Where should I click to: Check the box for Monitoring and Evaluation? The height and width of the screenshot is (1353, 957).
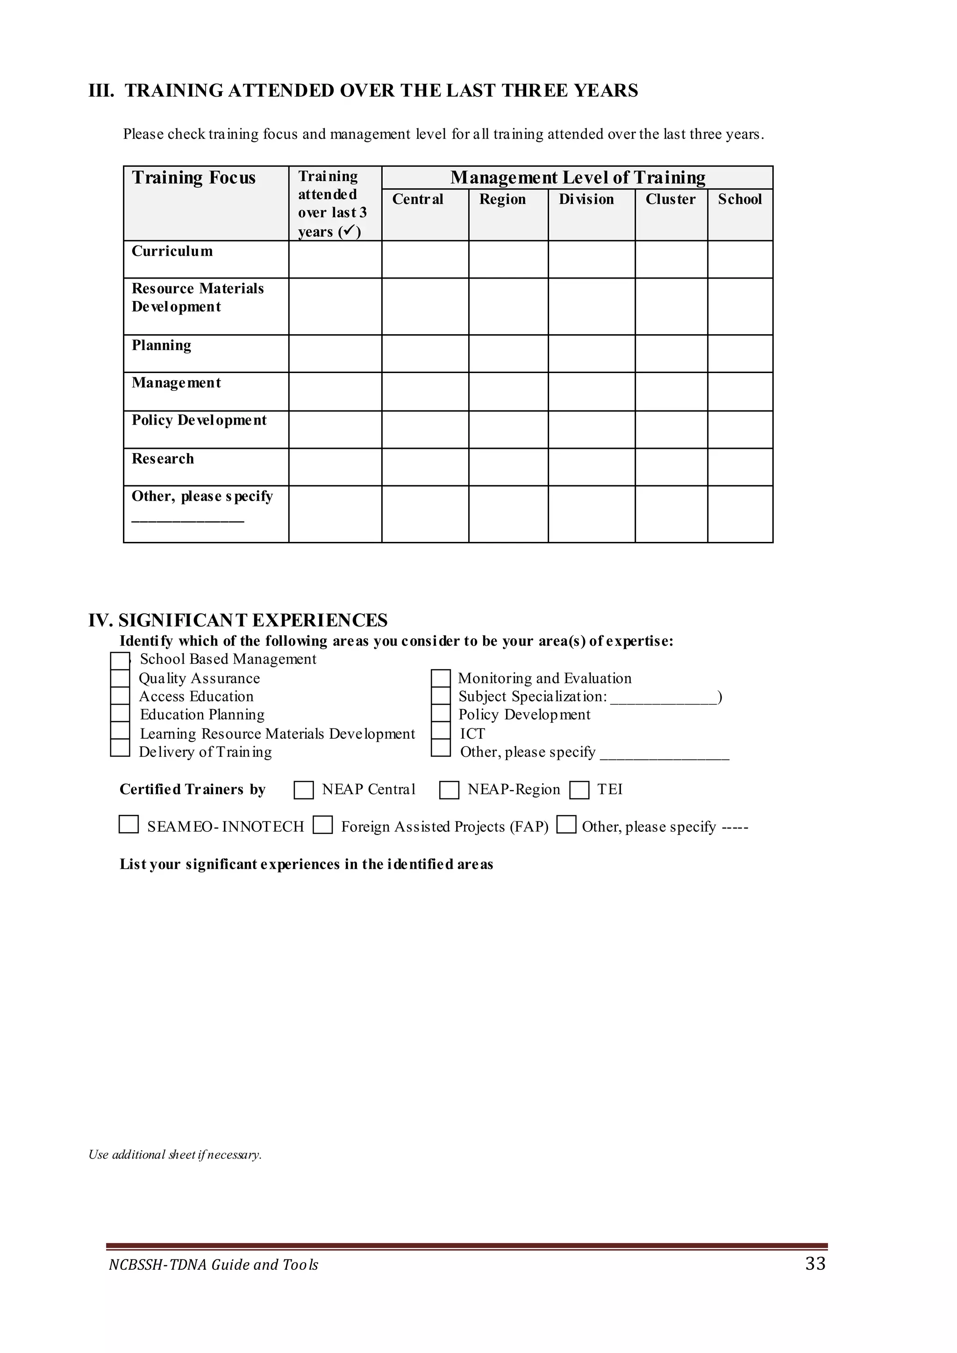(440, 678)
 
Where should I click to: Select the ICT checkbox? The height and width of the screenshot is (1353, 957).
(440, 733)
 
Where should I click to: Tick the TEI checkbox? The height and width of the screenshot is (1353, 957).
(579, 790)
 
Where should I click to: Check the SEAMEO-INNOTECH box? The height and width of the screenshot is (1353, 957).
(129, 824)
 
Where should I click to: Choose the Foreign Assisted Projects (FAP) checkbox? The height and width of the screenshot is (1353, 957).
(322, 824)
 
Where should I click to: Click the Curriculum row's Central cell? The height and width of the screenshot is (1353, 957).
(425, 259)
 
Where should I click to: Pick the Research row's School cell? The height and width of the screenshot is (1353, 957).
(740, 467)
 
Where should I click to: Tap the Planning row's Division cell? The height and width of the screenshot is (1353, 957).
(591, 354)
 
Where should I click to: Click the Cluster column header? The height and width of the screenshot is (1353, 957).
(670, 199)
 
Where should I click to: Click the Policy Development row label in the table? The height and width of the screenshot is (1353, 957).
(199, 420)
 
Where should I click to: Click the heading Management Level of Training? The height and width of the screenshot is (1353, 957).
(578, 178)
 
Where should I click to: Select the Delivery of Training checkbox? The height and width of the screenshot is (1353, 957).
(120, 748)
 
